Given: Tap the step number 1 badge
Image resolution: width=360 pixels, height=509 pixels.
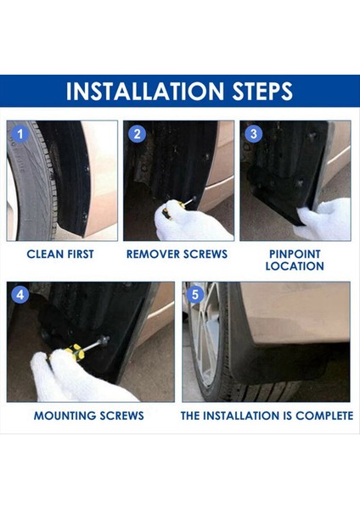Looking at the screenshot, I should tap(23, 134).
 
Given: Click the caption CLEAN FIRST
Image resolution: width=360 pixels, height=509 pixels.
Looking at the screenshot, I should tap(60, 254).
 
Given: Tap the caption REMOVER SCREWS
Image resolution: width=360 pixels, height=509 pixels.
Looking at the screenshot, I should tap(177, 254).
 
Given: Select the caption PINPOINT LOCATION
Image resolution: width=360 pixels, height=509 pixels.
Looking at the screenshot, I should tap(294, 260).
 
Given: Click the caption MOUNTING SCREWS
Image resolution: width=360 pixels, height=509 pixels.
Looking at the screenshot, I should tap(88, 416).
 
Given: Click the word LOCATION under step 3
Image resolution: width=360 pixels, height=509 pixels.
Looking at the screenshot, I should tap(294, 266).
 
